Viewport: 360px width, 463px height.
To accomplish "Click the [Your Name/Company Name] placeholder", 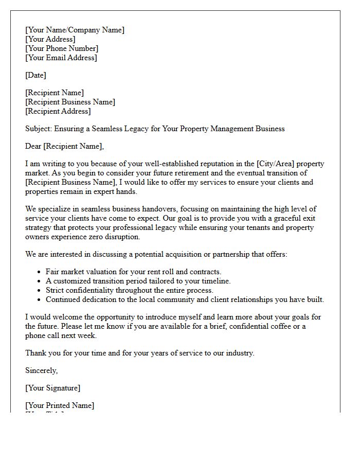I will coord(75,30).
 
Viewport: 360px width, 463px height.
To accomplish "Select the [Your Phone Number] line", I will coord(62,48).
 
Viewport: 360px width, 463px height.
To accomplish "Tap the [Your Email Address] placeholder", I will coord(61,58).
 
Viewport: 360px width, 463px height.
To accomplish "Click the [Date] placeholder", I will coord(35,75).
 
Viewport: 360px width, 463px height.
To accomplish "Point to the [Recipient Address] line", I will coord(58,111).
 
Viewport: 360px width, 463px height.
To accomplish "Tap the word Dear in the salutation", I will coord(33,146).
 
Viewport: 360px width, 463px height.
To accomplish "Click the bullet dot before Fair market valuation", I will coord(40,272).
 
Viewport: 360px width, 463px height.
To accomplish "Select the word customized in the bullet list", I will coord(72,281).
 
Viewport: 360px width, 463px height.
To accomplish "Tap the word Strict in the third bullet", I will coord(56,290).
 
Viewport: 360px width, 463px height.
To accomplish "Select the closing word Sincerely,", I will coord(42,370).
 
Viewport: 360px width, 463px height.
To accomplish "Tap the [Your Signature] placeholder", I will coord(52,388).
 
